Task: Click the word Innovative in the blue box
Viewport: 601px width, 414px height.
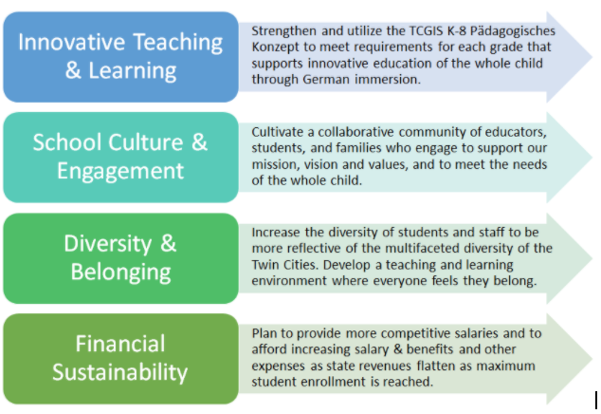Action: (x=71, y=42)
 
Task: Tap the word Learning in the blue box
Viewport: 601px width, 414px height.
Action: (x=132, y=70)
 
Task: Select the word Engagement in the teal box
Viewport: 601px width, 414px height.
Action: (x=120, y=171)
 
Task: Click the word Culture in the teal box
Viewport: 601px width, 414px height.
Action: (x=145, y=142)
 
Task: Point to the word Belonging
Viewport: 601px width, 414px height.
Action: (x=120, y=273)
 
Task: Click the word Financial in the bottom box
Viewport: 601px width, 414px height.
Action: (x=120, y=344)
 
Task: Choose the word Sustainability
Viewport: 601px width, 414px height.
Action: (x=120, y=372)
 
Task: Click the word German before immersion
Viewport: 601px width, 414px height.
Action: (x=326, y=80)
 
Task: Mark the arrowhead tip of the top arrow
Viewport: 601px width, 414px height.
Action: (x=592, y=57)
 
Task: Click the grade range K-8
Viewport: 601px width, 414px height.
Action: (x=457, y=30)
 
